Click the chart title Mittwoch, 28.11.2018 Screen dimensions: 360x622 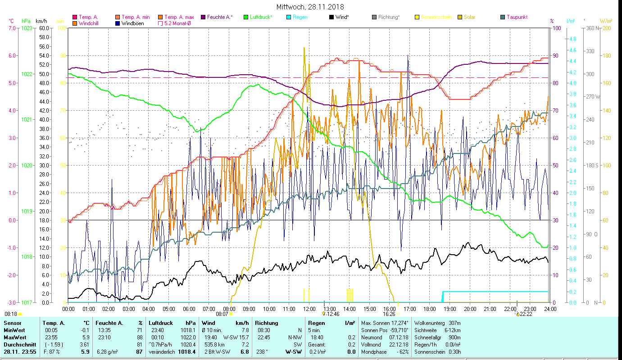(310, 7)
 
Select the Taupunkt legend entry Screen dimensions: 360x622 (517, 17)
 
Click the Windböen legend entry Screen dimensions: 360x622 (133, 23)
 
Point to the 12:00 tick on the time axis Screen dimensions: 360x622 (309, 309)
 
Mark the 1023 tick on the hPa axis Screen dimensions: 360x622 (27, 28)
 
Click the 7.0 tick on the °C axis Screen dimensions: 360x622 (12, 28)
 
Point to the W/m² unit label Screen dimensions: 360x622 (606, 21)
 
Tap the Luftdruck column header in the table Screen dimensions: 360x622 (161, 323)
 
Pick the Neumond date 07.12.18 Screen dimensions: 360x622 (400, 337)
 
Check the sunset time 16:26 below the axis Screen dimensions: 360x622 (389, 314)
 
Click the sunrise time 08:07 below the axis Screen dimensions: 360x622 (222, 314)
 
